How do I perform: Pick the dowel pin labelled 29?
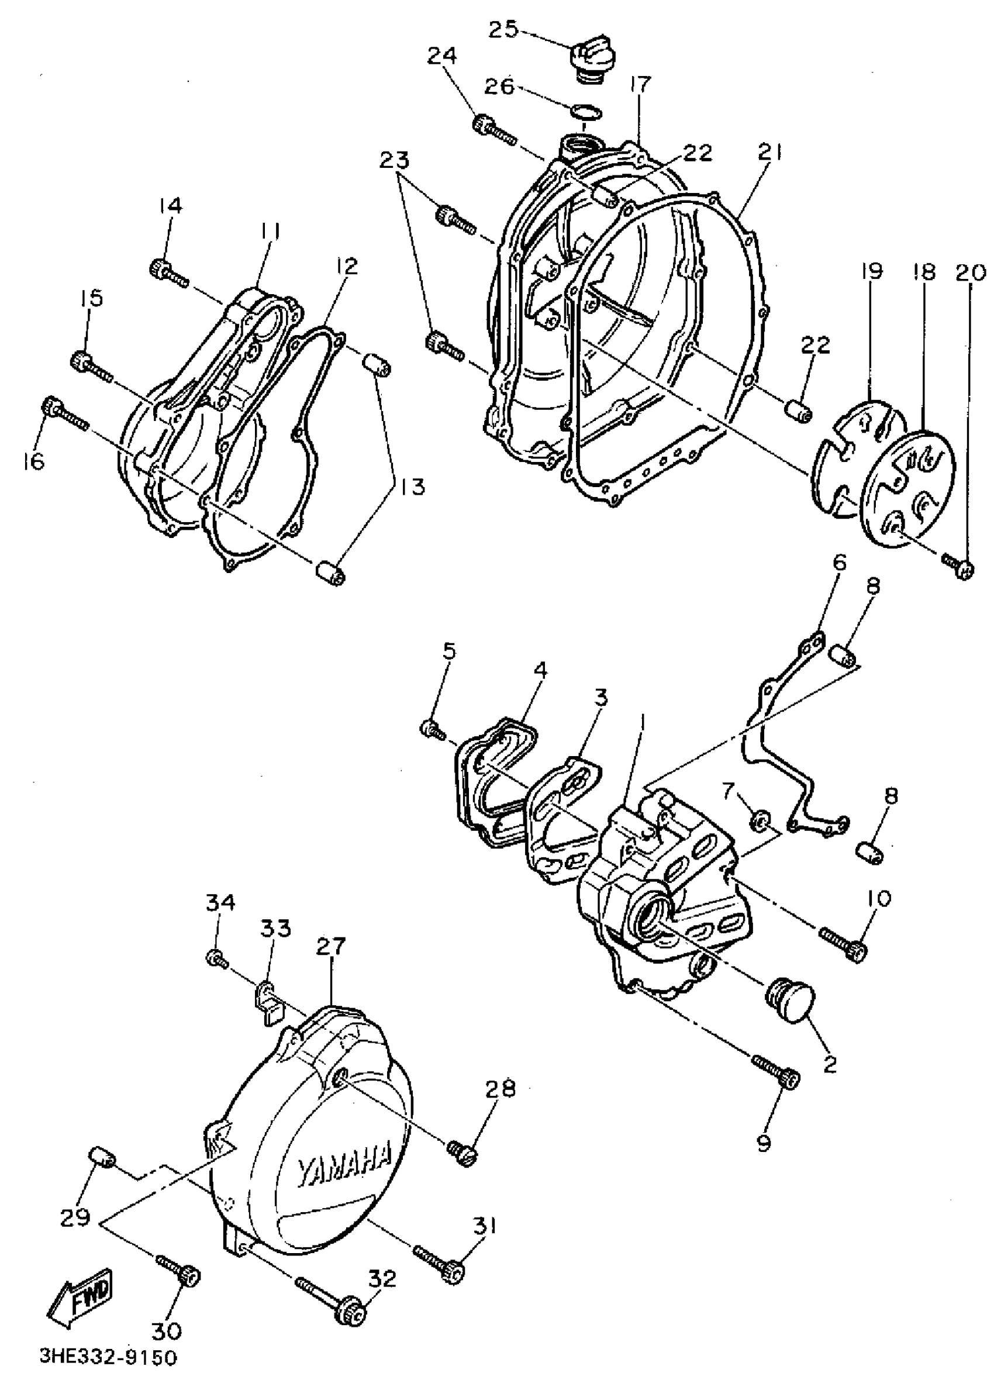click(x=102, y=1157)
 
